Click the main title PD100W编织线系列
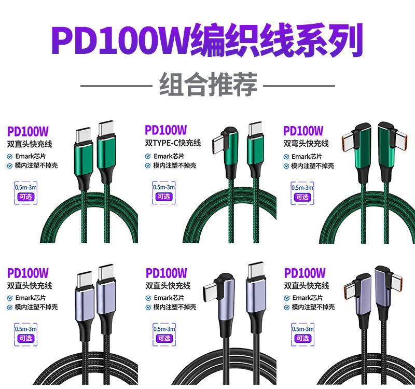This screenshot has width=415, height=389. click(x=208, y=40)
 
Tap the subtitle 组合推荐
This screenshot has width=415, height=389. click(x=208, y=84)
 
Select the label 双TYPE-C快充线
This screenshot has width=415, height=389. click(x=173, y=143)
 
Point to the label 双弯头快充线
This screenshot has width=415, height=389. click(x=306, y=143)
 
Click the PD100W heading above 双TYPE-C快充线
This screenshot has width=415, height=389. click(x=165, y=130)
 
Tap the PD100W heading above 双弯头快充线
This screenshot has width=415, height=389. click(x=303, y=130)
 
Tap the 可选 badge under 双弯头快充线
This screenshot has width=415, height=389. click(x=302, y=197)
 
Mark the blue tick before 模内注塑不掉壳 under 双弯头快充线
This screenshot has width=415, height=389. click(x=286, y=166)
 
